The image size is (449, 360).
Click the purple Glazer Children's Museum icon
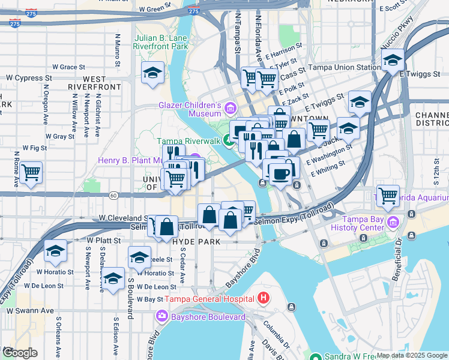(231, 109)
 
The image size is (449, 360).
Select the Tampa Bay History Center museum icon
(393, 223)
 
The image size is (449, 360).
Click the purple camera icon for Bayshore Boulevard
(161, 316)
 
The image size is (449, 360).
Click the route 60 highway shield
(113, 195)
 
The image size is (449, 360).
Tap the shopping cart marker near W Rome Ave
(31, 173)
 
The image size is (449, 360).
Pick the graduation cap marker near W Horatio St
(56, 251)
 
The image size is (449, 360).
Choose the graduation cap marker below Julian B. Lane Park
(152, 73)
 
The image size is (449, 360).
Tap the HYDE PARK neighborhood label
(196, 241)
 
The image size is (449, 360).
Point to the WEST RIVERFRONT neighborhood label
(94, 83)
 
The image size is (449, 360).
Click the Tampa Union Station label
(344, 67)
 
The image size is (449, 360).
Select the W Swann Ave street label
(30, 311)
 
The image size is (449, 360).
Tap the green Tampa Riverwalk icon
(229, 141)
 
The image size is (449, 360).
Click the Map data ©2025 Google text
(412, 355)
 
